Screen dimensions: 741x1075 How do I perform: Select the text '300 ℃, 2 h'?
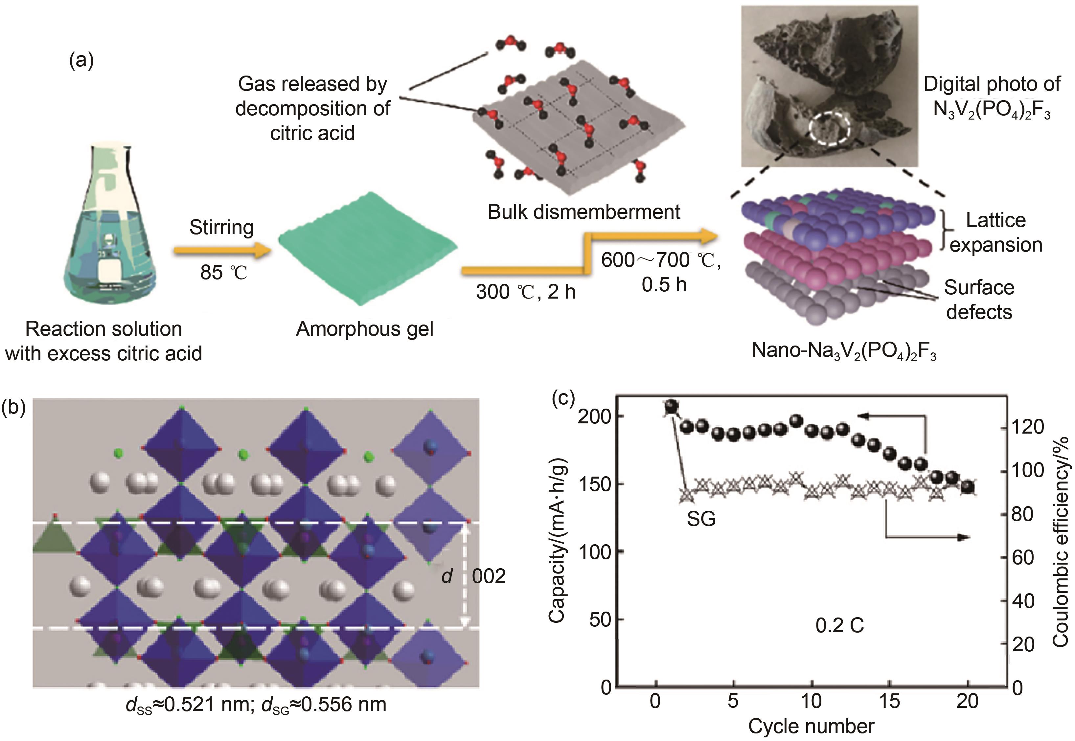pyautogui.click(x=526, y=292)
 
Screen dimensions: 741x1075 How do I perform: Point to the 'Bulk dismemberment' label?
pyautogui.click(x=584, y=212)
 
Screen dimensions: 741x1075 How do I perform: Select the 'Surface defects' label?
pyautogui.click(x=979, y=300)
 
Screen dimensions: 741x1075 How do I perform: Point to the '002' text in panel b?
pyautogui.click(x=489, y=576)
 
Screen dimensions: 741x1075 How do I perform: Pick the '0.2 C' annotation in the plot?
pyautogui.click(x=839, y=626)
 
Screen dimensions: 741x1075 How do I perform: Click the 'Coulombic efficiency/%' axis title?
pyautogui.click(x=1061, y=541)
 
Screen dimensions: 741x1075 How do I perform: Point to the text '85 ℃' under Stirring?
pyautogui.click(x=223, y=273)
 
